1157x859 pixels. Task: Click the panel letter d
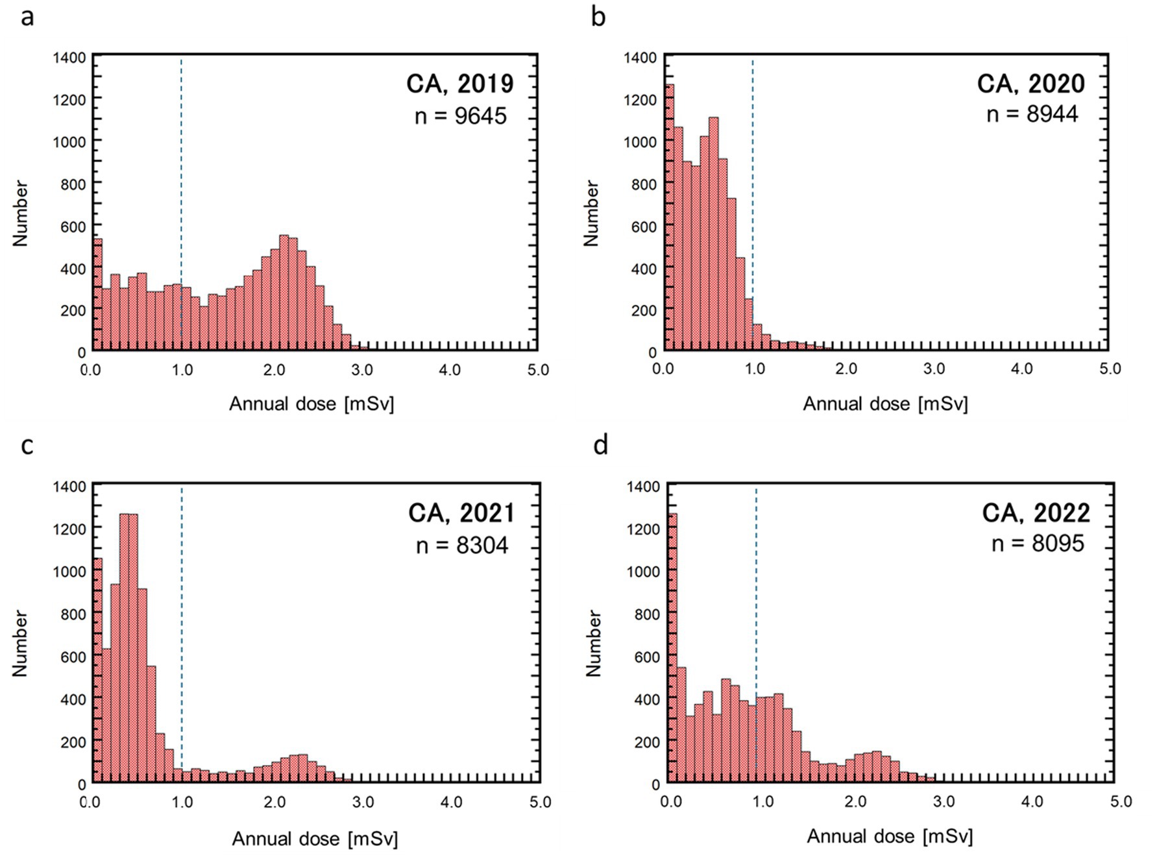(600, 446)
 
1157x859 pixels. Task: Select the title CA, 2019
(459, 84)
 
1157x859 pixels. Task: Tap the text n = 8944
(1032, 114)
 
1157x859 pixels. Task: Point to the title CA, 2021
(461, 513)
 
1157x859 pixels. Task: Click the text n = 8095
(1038, 543)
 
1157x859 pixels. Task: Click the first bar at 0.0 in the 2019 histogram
(98, 295)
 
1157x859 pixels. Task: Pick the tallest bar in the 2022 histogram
(673, 649)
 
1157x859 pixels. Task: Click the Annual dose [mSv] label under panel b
(885, 404)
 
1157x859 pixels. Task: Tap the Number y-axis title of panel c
(20, 643)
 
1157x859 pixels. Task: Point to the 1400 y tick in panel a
(69, 58)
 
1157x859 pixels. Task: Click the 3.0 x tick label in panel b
(934, 369)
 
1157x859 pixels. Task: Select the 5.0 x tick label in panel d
(1120, 802)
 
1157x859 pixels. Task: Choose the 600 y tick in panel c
(73, 657)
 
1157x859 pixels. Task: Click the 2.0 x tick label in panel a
(274, 370)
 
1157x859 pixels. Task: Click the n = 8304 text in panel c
(462, 545)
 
